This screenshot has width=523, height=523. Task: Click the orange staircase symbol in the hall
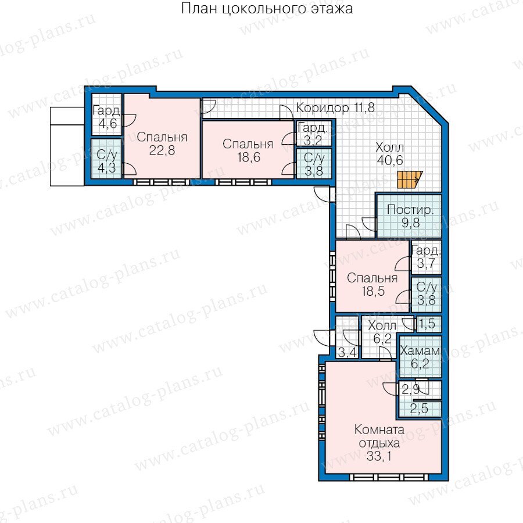click(410, 180)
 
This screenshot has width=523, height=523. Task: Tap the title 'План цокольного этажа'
click(267, 8)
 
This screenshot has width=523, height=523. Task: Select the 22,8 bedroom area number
click(162, 151)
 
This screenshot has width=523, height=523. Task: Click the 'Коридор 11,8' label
click(335, 108)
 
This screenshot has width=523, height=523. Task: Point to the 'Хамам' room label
click(420, 350)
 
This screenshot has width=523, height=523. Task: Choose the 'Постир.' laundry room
click(409, 216)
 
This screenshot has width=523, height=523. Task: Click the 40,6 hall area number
click(390, 160)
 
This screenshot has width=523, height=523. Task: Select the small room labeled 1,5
click(429, 324)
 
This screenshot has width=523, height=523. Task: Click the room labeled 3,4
click(347, 338)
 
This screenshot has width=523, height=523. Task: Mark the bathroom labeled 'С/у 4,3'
click(106, 159)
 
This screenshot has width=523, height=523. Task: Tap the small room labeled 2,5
click(420, 409)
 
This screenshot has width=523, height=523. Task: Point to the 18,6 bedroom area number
click(249, 157)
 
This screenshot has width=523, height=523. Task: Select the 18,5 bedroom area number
click(373, 291)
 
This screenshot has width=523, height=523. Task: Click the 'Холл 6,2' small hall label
click(382, 332)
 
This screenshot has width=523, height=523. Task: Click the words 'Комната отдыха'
click(379, 436)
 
